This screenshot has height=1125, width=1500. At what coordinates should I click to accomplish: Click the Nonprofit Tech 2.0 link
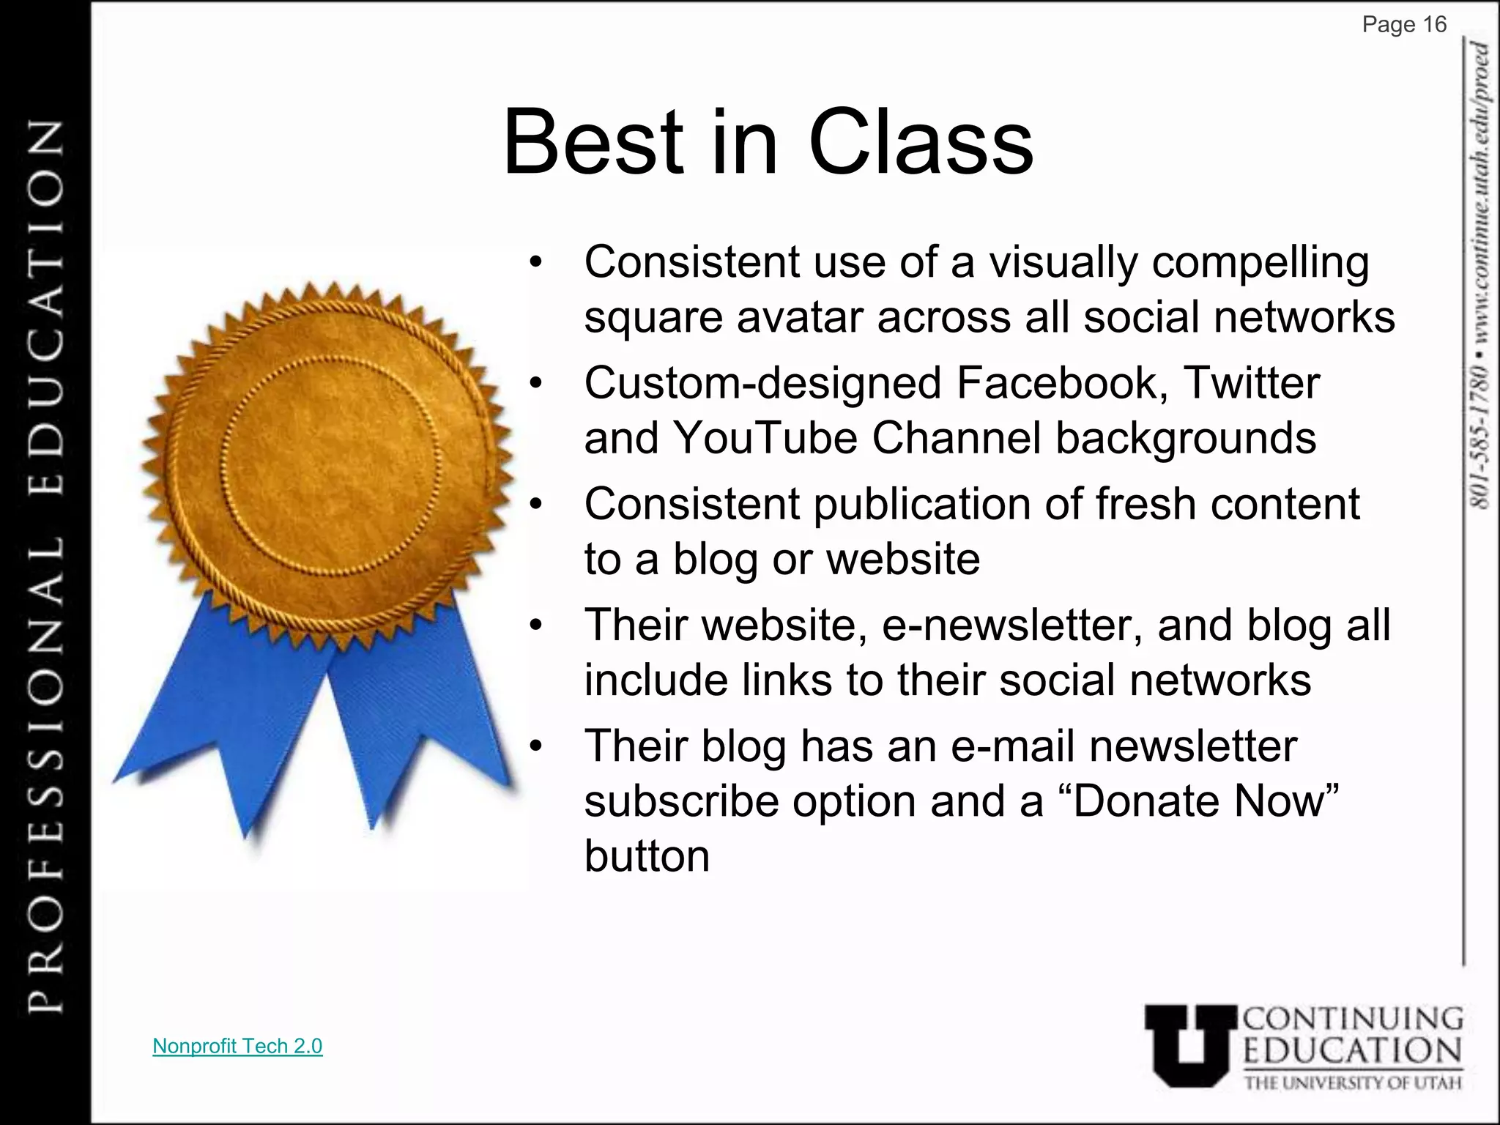click(237, 1046)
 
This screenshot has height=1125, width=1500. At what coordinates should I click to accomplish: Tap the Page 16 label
click(1404, 25)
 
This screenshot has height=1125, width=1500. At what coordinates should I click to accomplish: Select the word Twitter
click(1252, 383)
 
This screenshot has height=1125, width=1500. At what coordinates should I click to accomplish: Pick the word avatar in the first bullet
click(800, 317)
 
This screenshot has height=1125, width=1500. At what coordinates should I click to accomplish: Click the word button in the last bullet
click(647, 856)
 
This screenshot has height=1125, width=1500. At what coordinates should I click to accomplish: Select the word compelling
click(1260, 262)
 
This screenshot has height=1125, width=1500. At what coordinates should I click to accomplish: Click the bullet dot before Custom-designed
click(536, 383)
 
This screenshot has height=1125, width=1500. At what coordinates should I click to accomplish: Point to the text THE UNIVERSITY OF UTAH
click(1353, 1083)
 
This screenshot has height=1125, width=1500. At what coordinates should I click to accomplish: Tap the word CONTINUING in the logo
click(1353, 1019)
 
